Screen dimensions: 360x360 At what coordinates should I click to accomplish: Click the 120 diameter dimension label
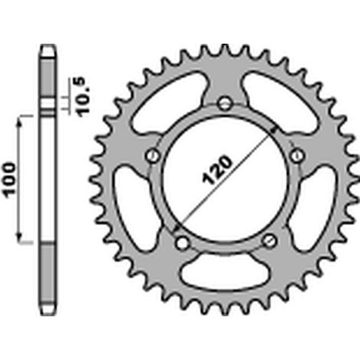217,169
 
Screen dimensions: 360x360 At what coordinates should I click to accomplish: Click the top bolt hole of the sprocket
225,103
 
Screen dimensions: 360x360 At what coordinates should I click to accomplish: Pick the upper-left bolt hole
153,155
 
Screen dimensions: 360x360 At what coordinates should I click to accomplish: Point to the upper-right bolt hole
297,155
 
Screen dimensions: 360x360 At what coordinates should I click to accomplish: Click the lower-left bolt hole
182,243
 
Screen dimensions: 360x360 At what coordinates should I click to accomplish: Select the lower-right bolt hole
270,240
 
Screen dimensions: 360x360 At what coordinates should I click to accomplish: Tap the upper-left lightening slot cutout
169,102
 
